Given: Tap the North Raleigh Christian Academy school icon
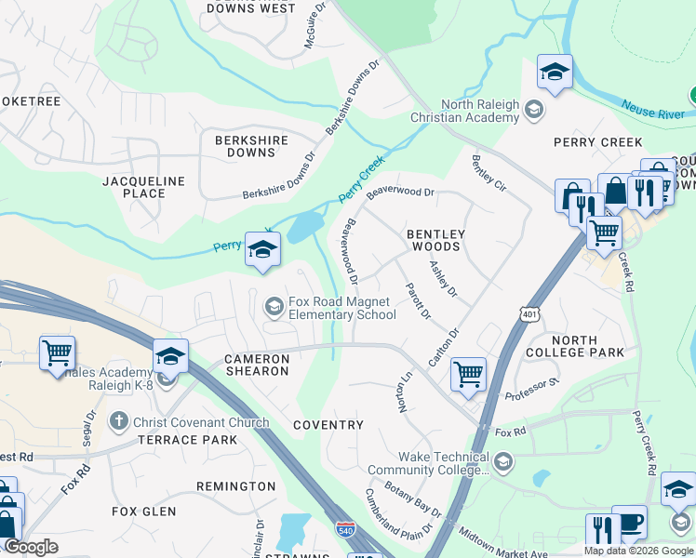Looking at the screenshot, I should (534, 112).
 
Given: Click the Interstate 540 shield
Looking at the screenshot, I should (344, 529).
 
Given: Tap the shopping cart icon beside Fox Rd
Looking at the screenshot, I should (468, 374).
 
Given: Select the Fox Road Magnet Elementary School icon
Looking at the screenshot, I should (274, 306).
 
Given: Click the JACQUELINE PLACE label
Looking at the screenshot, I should (144, 187).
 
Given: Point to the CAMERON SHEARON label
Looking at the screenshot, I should (256, 365).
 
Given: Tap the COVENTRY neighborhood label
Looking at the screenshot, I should (328, 425).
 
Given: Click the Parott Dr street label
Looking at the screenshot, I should (418, 300).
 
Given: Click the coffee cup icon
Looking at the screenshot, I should (629, 523).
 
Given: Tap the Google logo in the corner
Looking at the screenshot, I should (31, 547).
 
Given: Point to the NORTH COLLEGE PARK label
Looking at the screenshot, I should (575, 346).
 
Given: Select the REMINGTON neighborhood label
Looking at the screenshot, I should (235, 486).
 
